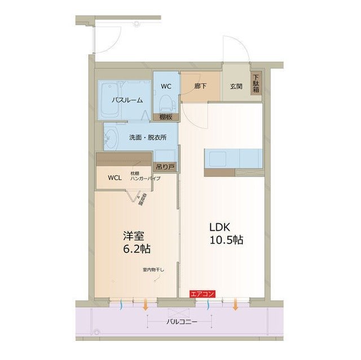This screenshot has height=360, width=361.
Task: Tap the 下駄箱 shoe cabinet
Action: coord(256,85)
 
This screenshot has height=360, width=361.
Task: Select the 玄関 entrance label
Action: coord(236,86)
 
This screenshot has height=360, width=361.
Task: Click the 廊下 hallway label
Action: coord(201,86)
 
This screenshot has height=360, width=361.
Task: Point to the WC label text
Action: coord(166,86)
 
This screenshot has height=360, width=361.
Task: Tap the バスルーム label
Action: coord(126,100)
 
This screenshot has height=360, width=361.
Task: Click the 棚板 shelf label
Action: coord(166,117)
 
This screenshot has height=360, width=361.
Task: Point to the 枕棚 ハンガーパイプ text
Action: coord(145,176)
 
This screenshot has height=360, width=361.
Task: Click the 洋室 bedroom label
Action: coord(133,234)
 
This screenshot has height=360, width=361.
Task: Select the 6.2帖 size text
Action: coord(137,248)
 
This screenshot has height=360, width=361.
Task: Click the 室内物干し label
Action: coord(153,270)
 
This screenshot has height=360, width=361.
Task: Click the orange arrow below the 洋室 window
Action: coord(146,305)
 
